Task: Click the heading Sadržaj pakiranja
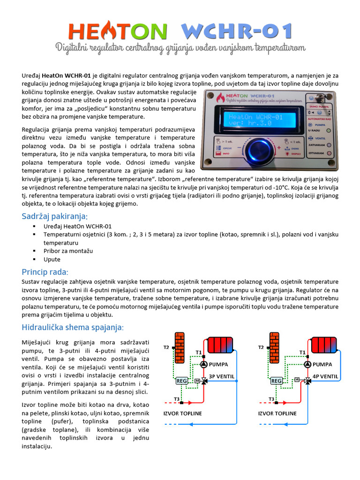click(x=54, y=216)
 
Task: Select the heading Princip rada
click(x=45, y=272)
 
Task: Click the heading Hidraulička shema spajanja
click(x=73, y=327)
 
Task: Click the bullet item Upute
click(x=52, y=259)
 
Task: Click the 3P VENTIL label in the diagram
click(x=222, y=376)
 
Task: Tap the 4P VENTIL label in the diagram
click(x=325, y=376)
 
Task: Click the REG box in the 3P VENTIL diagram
click(x=181, y=381)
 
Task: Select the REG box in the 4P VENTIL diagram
click(x=277, y=381)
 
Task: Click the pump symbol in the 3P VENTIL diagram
click(x=204, y=364)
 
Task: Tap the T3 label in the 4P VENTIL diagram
click(x=271, y=399)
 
